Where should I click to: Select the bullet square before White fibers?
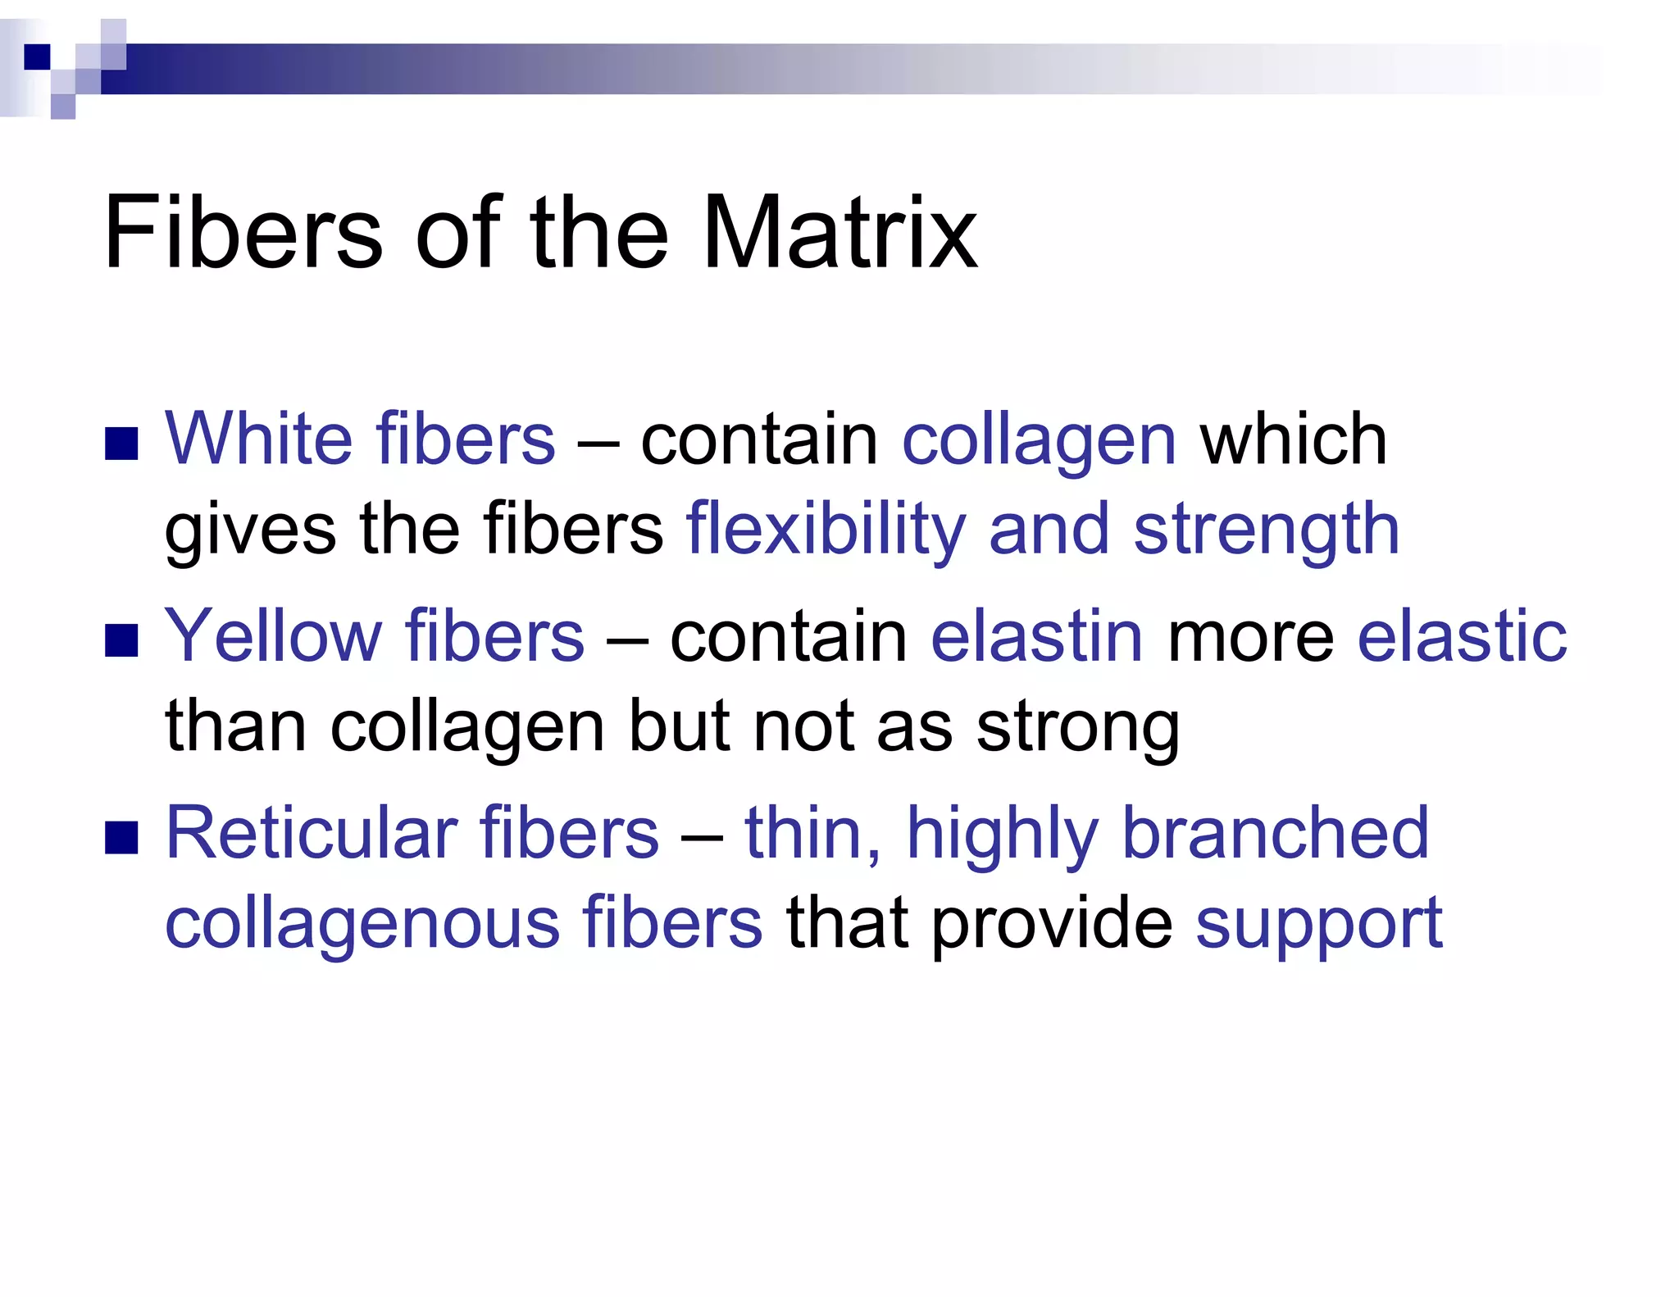click(121, 444)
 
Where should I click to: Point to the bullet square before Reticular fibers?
click(121, 838)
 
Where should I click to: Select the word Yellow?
click(273, 636)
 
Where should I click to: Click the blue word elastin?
click(1036, 636)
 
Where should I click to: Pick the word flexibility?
click(826, 530)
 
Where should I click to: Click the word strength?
click(1266, 530)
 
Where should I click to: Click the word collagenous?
click(362, 924)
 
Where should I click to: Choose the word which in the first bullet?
click(1293, 439)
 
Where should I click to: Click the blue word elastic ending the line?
click(1462, 636)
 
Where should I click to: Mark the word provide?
click(1052, 924)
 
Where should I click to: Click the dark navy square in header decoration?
click(38, 57)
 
